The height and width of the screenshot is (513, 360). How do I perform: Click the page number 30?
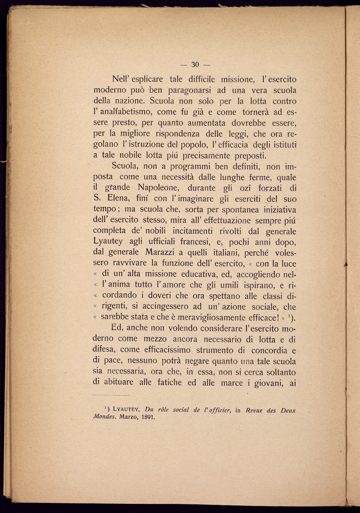click(195, 65)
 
